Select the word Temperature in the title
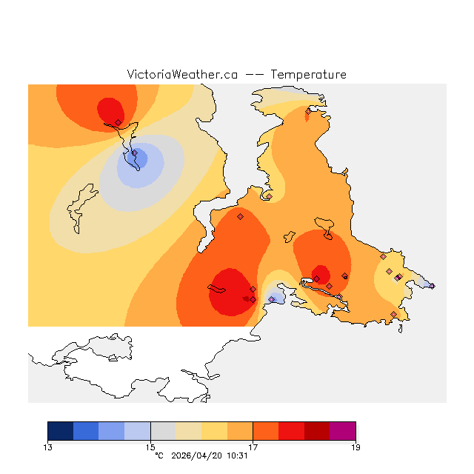coord(308,75)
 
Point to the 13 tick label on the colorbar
coord(48,447)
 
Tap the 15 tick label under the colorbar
coord(150,447)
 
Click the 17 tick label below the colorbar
coord(253,447)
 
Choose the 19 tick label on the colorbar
coord(355,447)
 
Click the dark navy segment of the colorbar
coord(60,431)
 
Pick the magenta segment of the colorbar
coord(343,431)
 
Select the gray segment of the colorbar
coord(163,431)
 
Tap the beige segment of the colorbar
coord(189,431)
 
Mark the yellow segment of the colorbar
coord(214,431)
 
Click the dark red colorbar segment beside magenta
coord(317,431)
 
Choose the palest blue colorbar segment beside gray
coord(137,431)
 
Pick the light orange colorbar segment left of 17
coord(240,431)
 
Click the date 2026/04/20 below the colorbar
coord(195,455)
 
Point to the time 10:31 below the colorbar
coord(236,455)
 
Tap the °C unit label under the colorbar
coord(158,455)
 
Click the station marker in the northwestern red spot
coord(118,122)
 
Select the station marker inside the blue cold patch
coord(135,153)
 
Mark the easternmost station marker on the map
coord(432,286)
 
